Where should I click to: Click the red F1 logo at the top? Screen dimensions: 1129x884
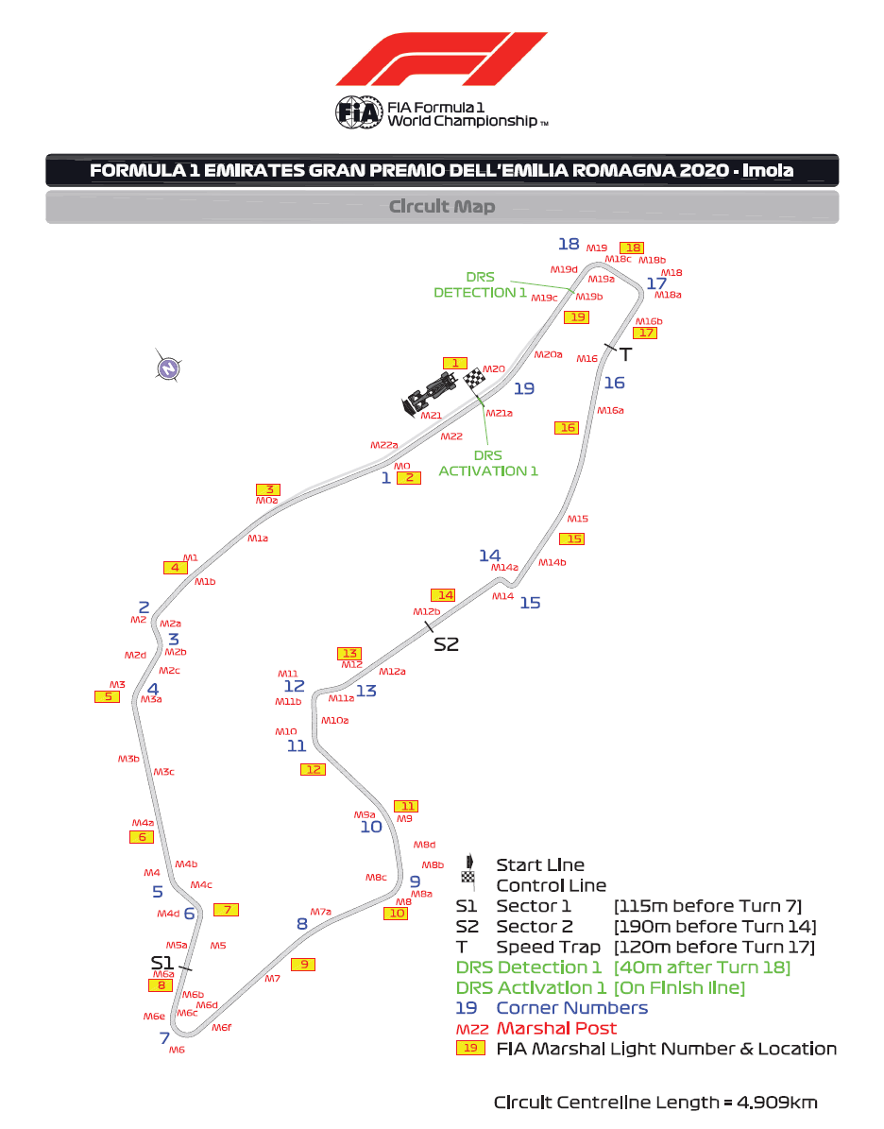(441, 60)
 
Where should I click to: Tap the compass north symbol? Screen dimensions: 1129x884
(168, 367)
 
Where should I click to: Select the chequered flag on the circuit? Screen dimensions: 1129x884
(474, 379)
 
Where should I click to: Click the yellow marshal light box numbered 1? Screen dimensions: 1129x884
(455, 363)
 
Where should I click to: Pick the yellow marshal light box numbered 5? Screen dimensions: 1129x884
(108, 697)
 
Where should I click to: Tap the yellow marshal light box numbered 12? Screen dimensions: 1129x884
(313, 770)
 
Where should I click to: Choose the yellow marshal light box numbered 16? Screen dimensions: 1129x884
(567, 428)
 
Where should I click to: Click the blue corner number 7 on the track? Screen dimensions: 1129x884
(164, 1038)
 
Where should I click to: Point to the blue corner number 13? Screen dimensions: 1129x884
(365, 691)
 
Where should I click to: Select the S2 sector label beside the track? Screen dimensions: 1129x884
(446, 644)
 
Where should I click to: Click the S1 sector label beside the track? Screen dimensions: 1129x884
(162, 962)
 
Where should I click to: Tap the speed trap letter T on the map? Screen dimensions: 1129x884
(624, 354)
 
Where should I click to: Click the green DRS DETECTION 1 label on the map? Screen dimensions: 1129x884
(480, 285)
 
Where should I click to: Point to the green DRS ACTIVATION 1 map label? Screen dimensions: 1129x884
(488, 463)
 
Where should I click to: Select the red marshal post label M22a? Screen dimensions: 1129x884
(383, 445)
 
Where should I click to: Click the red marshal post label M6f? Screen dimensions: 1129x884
(222, 1028)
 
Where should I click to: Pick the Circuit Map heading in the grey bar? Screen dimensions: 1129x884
(442, 206)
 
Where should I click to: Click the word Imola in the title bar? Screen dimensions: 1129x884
(767, 171)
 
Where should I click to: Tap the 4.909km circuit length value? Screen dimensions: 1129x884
(778, 1103)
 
